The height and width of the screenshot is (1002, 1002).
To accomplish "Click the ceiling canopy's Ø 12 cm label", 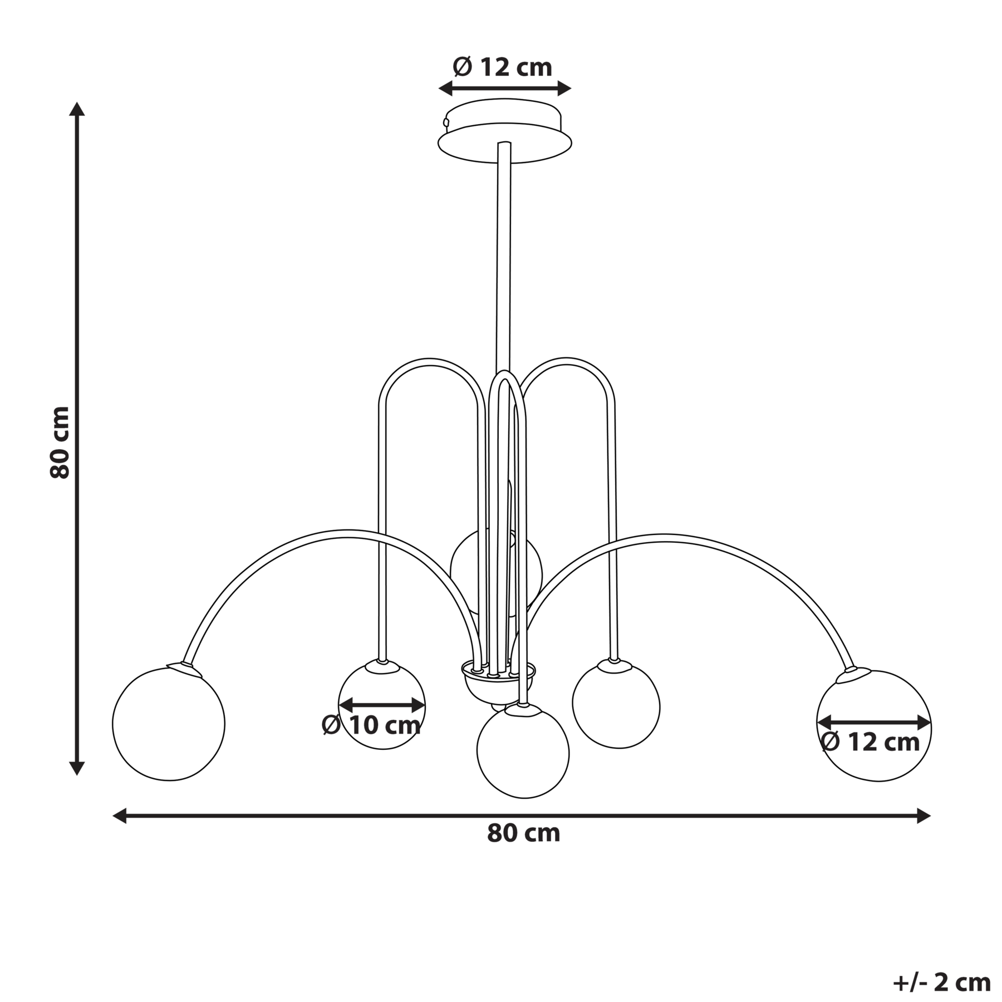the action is [502, 67].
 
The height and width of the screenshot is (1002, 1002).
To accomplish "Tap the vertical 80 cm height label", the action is [60, 443].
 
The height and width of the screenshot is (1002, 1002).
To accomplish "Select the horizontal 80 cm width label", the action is [523, 833].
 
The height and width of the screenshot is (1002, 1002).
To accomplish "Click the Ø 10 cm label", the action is [371, 725].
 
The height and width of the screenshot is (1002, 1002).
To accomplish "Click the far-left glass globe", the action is [169, 724].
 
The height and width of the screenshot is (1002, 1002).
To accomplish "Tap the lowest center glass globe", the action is [523, 753].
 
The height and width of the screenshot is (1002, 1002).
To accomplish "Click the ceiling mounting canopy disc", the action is [504, 131].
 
